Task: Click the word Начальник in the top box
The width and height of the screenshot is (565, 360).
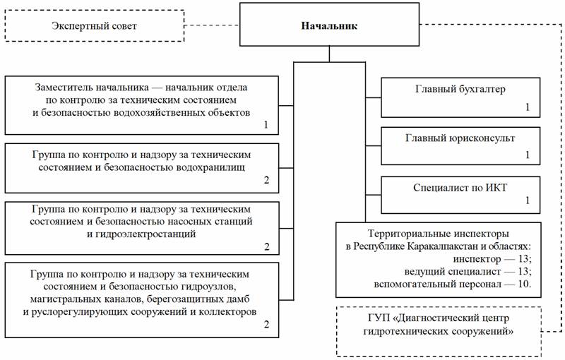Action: pos(329,26)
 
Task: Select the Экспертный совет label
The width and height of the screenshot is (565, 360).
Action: pos(94,26)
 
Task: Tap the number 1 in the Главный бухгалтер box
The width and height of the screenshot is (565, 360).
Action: pos(528,107)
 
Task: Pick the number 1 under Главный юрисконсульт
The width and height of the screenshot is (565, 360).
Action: pos(528,155)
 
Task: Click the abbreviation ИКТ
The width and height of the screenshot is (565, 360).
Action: pos(496,188)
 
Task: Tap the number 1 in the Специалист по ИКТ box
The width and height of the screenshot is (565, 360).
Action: pos(528,200)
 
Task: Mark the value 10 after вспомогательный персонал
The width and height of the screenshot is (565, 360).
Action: pos(523,284)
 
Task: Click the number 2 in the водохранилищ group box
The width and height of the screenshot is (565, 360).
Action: pos(267,180)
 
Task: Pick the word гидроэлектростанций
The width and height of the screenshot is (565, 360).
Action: pos(146,234)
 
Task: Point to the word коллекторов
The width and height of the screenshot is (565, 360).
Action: pos(227,312)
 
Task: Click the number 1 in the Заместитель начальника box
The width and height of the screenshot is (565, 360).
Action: pos(266,125)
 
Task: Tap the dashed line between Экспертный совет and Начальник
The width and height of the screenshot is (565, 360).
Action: pos(212,25)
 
